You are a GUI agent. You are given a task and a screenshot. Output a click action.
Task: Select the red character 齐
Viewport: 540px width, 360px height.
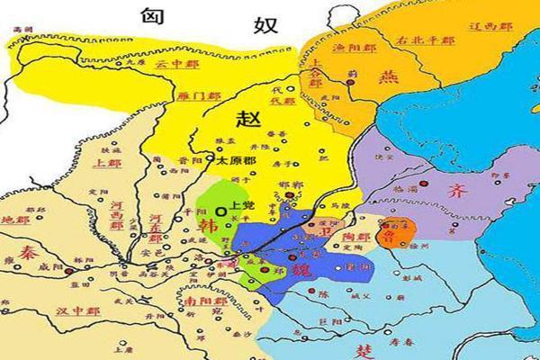point(455,191)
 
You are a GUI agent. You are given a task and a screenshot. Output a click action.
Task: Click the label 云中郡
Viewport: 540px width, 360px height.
point(172,65)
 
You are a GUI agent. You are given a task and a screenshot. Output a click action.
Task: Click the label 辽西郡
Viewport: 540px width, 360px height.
point(490,27)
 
